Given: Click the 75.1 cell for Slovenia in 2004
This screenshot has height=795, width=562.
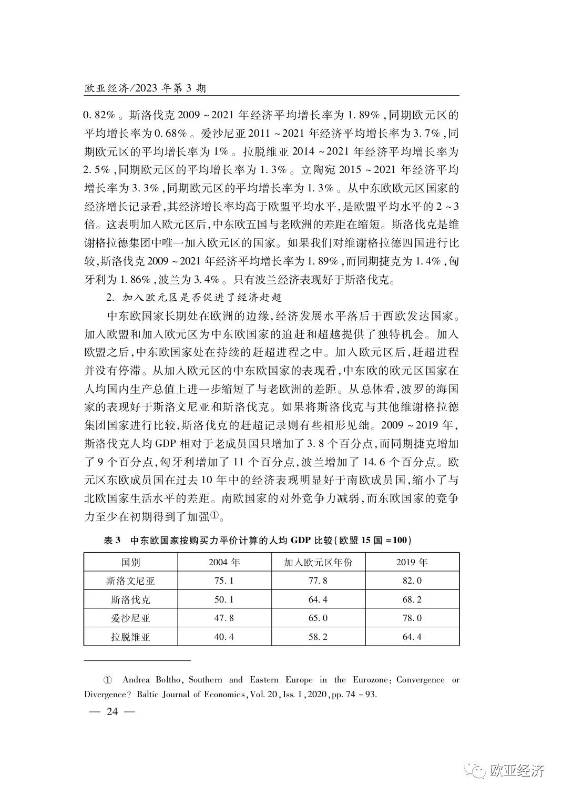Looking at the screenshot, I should (224, 580).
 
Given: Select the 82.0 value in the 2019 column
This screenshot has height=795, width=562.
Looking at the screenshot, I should (412, 580).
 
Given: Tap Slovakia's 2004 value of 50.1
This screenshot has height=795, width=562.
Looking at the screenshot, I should (224, 599).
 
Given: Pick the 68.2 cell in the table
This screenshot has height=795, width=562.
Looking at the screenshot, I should (412, 599).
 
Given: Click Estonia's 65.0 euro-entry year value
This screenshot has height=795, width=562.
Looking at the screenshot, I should (318, 618).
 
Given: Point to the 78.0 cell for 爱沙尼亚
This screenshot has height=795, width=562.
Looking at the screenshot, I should (412, 618).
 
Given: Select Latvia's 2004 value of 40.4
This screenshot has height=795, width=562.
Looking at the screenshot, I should (224, 637).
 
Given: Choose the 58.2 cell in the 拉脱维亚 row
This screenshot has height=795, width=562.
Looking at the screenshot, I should (318, 637).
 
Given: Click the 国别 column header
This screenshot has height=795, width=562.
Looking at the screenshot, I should (130, 562).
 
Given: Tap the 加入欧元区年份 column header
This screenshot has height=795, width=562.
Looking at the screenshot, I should (318, 562).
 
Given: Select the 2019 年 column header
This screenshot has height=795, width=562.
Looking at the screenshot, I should (412, 562).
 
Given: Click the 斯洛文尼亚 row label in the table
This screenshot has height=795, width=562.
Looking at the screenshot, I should (130, 580).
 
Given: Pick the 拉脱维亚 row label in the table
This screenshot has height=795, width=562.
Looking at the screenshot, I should (130, 637).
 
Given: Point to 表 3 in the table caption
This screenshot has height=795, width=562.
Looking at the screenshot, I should (112, 541).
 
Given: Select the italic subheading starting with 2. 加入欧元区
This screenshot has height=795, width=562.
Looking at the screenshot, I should (194, 298).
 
